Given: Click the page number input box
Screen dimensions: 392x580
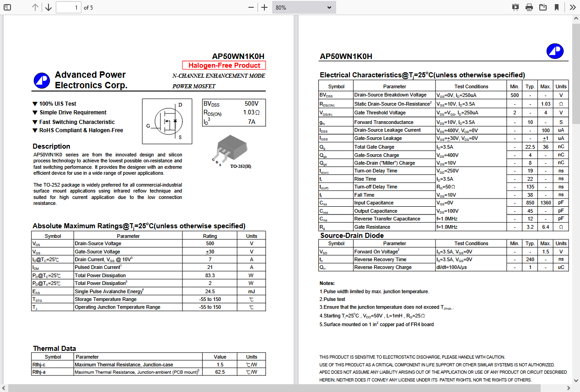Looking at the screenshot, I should point(69,7).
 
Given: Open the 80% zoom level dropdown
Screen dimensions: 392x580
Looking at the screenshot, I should point(304,7).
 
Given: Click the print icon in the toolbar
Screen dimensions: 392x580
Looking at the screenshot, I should point(529,7).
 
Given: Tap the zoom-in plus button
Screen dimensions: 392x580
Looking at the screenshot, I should point(264,7).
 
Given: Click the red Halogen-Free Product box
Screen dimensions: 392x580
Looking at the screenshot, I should point(224,65).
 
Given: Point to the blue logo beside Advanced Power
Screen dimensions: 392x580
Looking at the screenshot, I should point(42,81).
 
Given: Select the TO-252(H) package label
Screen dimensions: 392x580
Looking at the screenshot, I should point(240,166).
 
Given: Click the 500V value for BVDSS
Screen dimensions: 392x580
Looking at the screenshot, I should point(251,104).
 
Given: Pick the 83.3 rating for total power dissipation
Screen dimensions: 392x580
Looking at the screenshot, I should point(210,275).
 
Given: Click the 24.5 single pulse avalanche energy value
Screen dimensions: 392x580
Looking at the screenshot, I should point(210,291).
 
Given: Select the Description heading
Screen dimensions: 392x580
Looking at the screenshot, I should point(51,146).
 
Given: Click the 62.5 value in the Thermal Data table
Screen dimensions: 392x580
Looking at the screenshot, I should point(220,372).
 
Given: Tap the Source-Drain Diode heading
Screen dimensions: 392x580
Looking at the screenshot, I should point(352,236).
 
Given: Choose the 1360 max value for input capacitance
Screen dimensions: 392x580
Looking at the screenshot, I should point(546,203).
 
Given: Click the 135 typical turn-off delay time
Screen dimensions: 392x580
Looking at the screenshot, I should point(530,187).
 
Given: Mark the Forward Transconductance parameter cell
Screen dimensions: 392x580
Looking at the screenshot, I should point(384,122).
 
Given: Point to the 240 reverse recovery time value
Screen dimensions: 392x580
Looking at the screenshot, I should point(530,259).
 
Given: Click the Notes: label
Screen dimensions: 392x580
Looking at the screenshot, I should point(327,283).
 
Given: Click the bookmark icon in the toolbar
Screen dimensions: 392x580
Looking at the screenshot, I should point(557,7).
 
